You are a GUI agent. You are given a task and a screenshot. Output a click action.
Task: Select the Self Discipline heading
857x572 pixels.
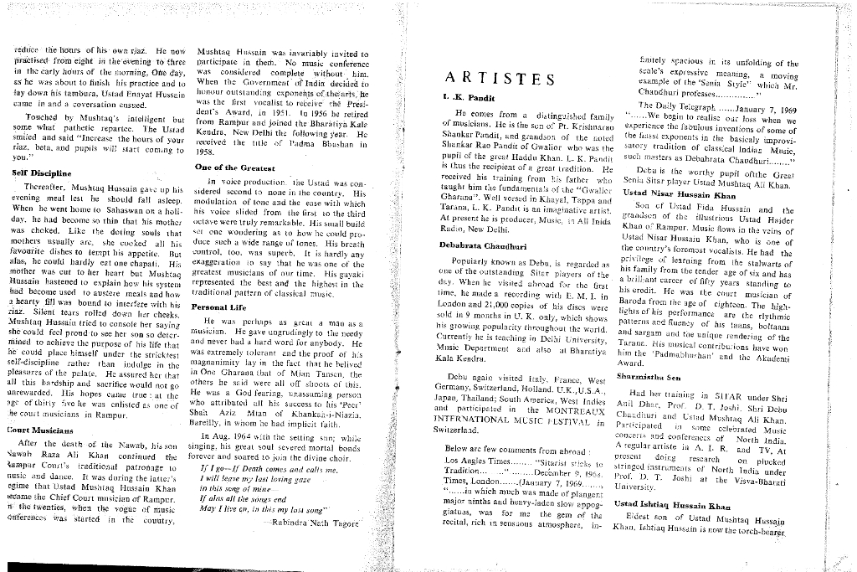click(x=41, y=173)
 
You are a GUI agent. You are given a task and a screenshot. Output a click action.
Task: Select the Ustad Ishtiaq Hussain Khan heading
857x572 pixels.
click(x=684, y=505)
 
